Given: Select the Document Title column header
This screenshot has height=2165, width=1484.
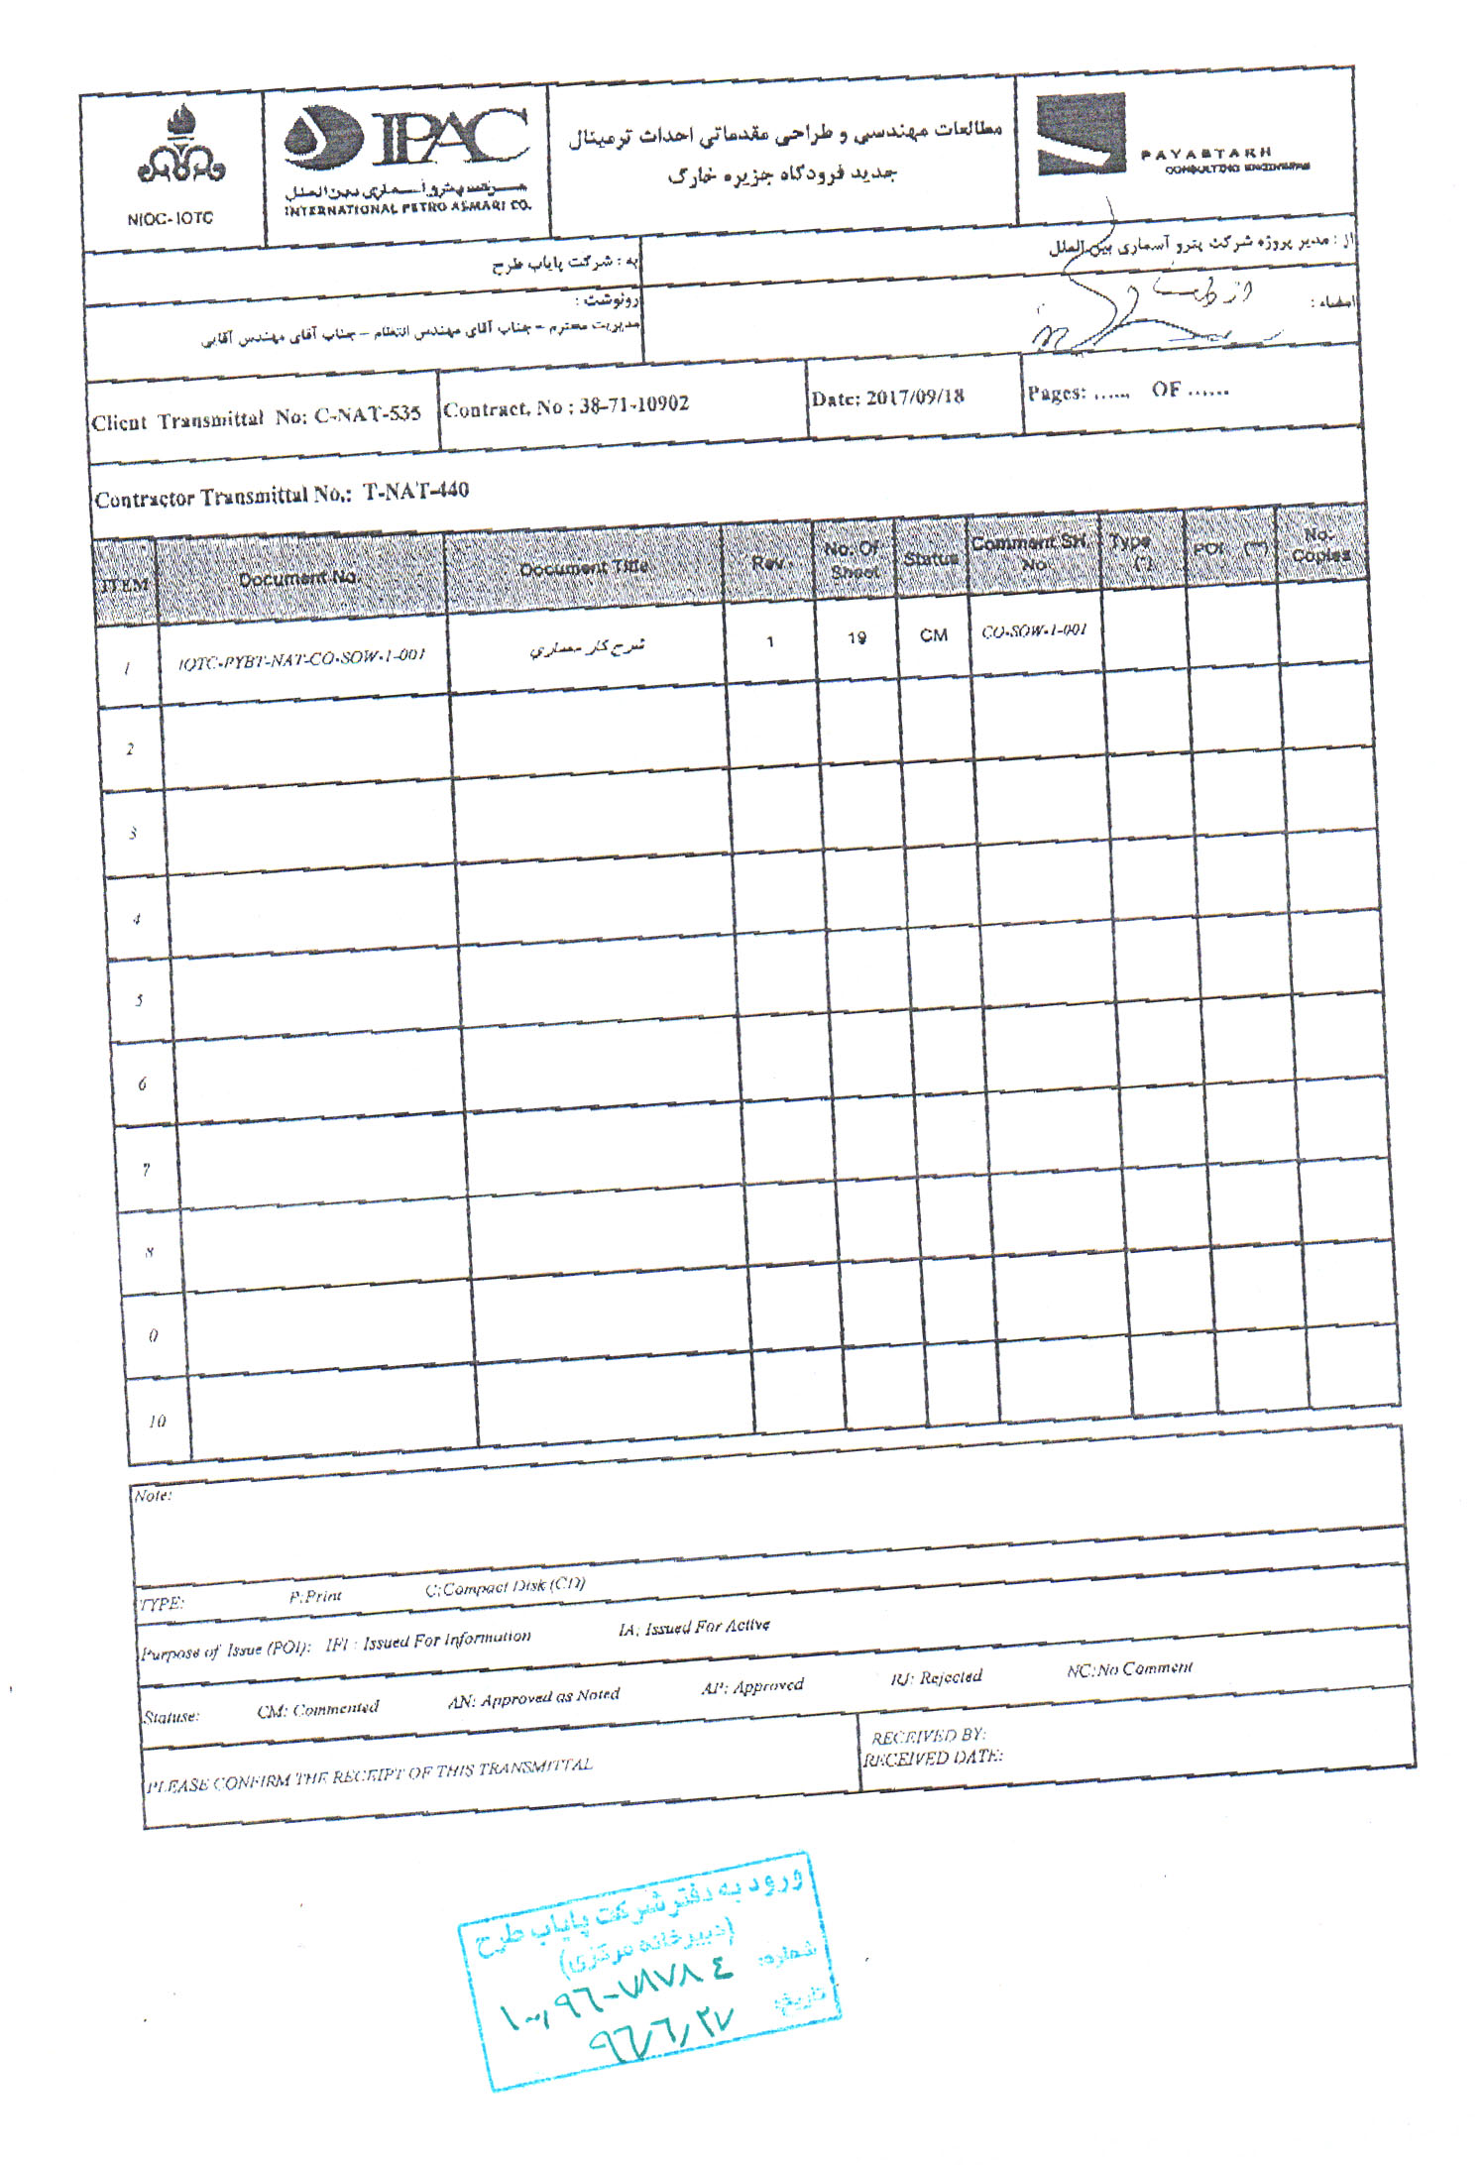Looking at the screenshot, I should [584, 568].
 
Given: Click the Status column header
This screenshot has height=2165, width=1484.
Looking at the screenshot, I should [931, 559].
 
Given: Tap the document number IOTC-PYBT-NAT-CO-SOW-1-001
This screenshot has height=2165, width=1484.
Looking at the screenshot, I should [301, 656].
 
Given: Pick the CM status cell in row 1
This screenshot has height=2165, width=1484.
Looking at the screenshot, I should [933, 635].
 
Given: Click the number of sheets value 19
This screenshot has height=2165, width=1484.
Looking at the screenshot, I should [856, 638].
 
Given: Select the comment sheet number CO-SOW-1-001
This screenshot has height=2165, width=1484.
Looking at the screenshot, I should [1033, 630].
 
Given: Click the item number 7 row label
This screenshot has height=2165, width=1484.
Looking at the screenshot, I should [146, 1170].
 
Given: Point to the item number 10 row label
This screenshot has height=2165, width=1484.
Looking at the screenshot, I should [157, 1422].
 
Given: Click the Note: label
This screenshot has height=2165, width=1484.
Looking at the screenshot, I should [153, 1496].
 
